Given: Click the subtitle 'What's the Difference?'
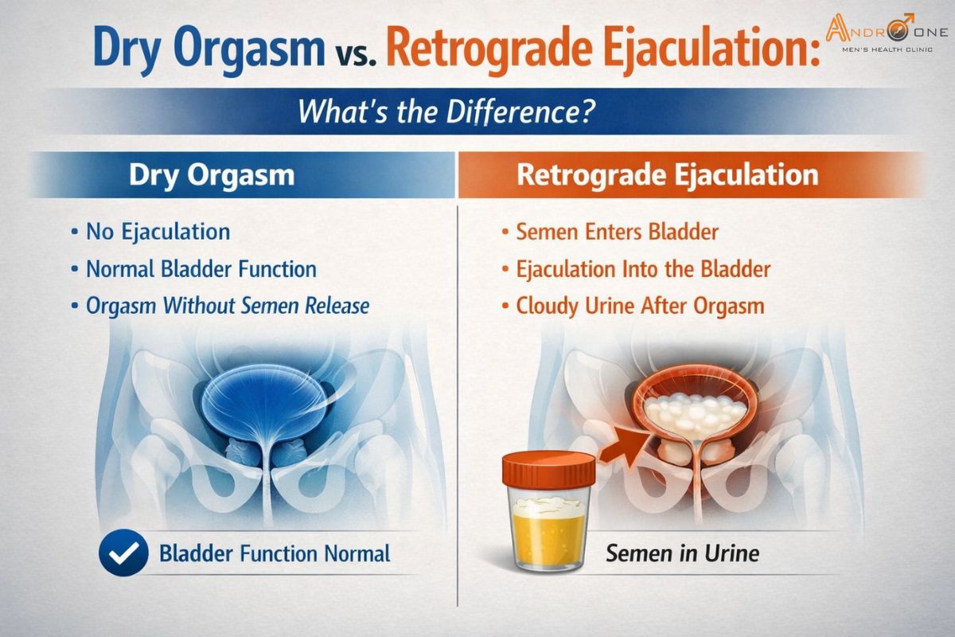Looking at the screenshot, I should (x=446, y=111).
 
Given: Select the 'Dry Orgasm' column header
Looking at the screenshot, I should (x=211, y=175).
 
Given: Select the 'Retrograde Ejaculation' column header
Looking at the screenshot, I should (x=667, y=175).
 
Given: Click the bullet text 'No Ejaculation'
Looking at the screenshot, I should (x=158, y=232).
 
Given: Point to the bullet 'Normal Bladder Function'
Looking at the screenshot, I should (x=201, y=268).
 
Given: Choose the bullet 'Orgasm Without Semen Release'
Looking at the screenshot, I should (x=228, y=305).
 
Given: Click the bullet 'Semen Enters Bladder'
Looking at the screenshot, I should (x=617, y=232).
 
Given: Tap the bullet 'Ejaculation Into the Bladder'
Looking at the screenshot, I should (x=643, y=268).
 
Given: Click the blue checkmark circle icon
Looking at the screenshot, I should (x=123, y=552).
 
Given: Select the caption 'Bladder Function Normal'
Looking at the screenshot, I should (x=275, y=553).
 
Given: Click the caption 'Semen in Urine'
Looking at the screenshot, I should (x=682, y=553).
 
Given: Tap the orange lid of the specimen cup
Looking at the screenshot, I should (x=548, y=469).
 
